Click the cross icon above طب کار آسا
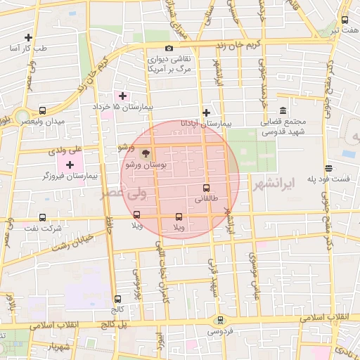point(28,37)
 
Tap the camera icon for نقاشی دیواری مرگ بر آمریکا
point(169,48)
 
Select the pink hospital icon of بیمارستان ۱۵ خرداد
point(123,95)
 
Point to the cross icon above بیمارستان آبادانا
point(205,112)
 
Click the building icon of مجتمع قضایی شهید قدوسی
point(283,111)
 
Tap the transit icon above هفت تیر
point(345,20)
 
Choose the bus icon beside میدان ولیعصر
point(43,110)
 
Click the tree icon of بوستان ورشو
point(146,153)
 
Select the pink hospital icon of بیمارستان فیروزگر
point(70,164)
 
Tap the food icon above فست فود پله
point(328,167)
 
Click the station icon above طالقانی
point(206,188)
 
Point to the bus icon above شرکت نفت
point(43,217)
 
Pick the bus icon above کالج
point(117,298)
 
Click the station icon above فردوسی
point(219,319)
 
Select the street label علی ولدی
point(65,150)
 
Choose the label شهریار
point(59,348)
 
